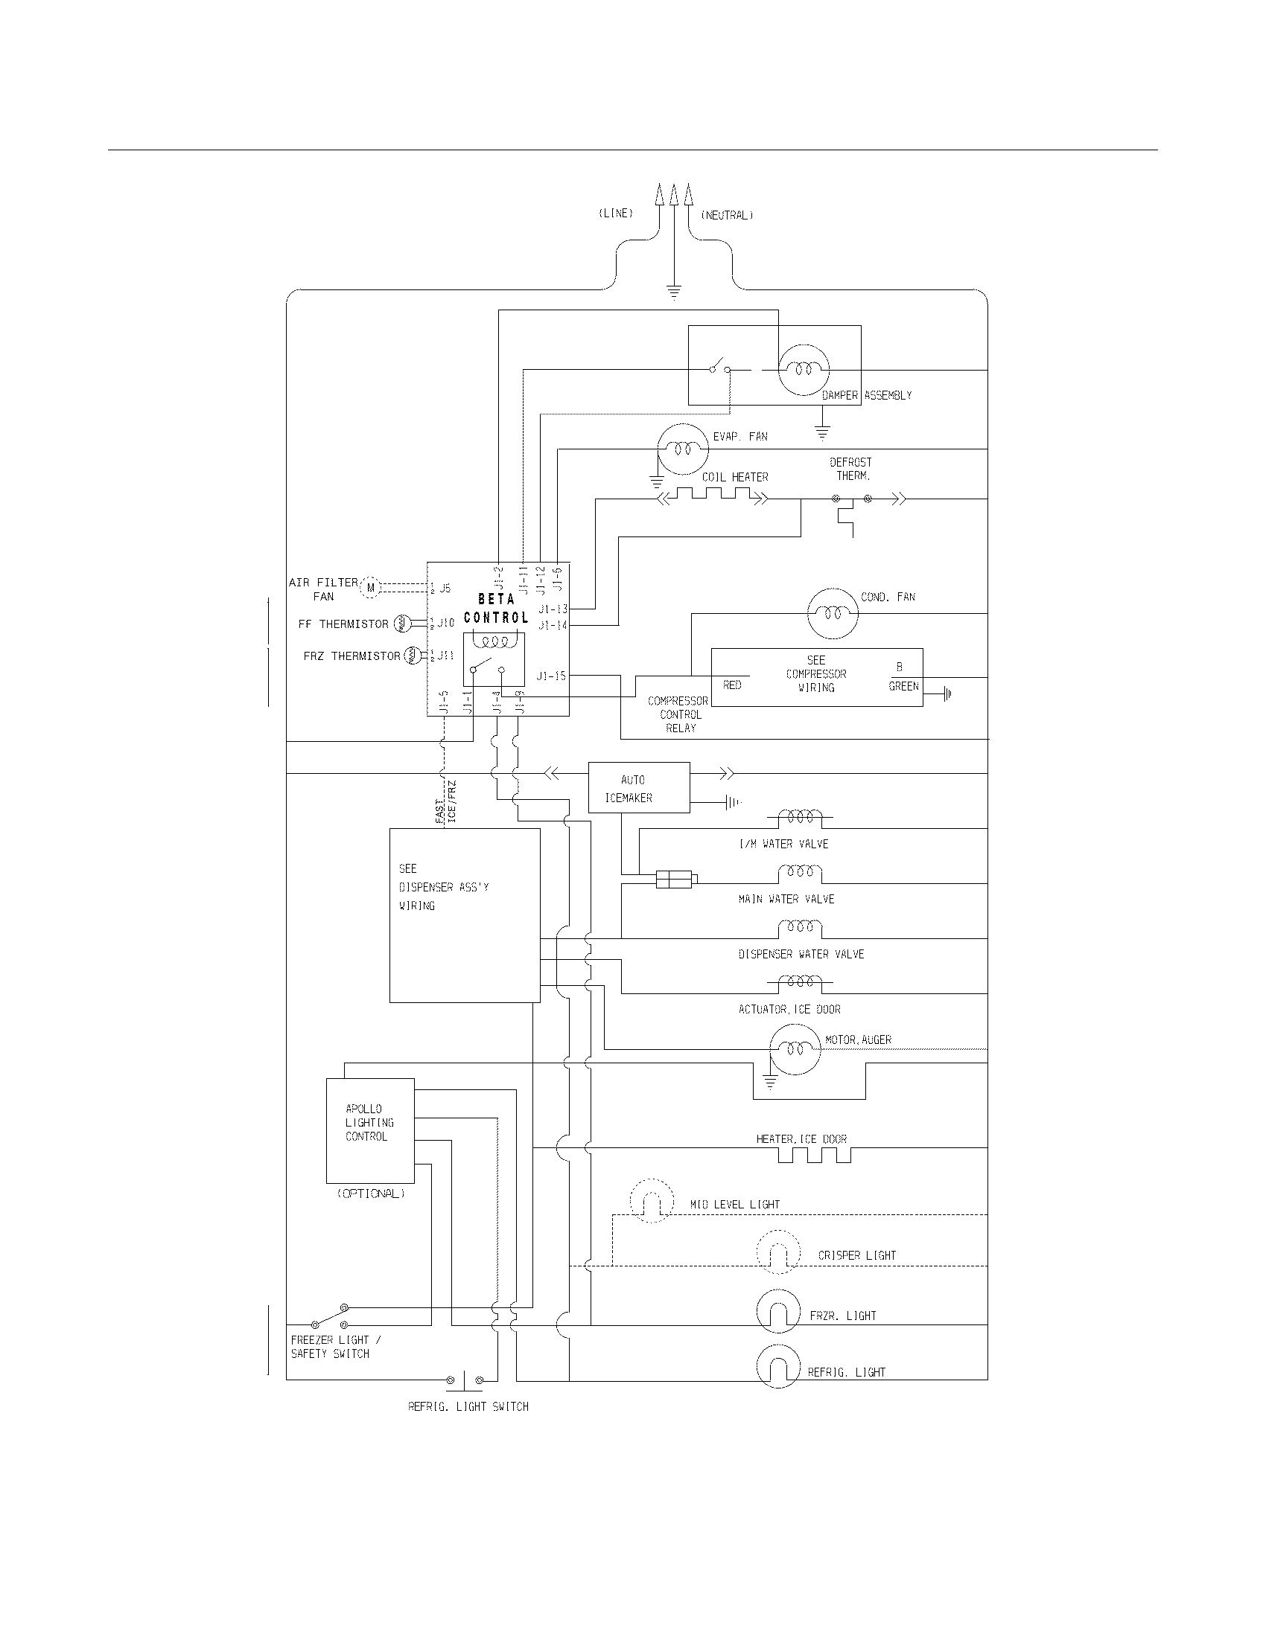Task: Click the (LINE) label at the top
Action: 615,213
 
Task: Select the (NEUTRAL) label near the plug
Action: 726,215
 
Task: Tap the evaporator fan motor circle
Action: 681,449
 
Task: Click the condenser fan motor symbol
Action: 832,613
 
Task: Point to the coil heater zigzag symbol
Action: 713,495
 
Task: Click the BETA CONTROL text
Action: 496,609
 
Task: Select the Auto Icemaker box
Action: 638,788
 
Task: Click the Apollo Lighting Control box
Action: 370,1130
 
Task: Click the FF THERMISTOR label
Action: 343,624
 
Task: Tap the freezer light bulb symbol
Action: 778,1311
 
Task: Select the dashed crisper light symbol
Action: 778,1252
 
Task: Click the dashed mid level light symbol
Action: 651,1201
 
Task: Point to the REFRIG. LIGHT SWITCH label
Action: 468,1407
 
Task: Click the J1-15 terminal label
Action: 550,676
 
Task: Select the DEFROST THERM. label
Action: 851,469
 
